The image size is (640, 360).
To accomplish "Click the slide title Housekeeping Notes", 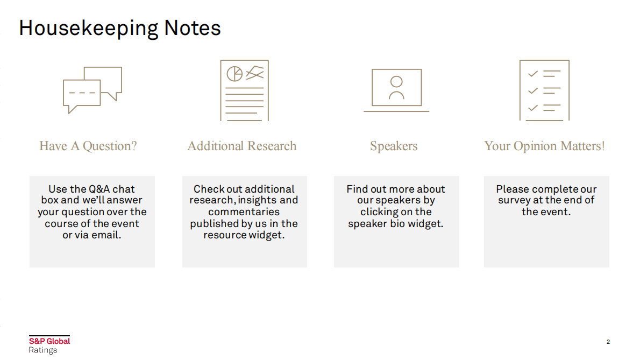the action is point(119,29).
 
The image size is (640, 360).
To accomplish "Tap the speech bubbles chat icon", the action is point(93,90).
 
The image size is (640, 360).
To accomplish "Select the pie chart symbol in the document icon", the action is point(234,74).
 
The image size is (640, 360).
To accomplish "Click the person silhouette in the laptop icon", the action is point(396,87).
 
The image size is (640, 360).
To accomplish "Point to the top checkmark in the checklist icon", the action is point(532,74).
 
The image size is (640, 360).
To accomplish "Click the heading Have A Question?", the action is point(88,146).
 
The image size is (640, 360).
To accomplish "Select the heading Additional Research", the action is point(242,146).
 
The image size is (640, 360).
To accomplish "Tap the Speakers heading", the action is point(394,146).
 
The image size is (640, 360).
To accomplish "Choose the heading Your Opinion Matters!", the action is point(544,146).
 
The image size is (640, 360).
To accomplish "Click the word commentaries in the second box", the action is point(244,212).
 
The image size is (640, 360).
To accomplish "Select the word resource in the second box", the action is point(225,235).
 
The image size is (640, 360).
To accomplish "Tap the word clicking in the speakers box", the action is point(378,212).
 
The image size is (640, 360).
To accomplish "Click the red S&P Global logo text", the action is point(49,341).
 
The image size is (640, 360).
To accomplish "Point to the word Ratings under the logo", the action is point(43,350).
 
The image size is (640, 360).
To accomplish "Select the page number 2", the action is point(608,342).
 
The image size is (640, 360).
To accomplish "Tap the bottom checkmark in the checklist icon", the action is point(532,108).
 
